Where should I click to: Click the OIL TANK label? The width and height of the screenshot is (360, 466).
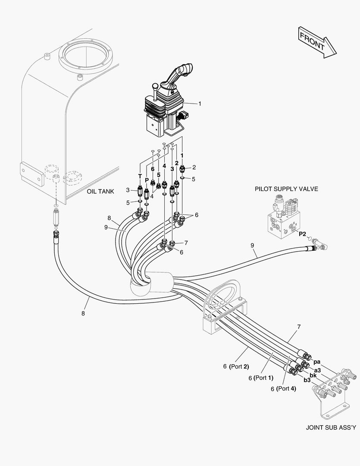100,191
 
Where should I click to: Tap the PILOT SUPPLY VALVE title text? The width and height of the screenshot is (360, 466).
286,189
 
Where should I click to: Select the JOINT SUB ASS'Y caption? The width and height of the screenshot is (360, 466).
331,428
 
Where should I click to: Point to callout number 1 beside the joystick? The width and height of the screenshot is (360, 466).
200,104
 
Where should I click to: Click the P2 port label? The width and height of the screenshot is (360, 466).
302,233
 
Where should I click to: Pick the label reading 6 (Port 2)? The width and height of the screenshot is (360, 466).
236,367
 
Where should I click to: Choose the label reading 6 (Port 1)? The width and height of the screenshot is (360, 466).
261,378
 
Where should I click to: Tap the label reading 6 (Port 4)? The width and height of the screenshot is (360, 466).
283,388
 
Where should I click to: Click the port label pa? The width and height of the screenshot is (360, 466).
316,362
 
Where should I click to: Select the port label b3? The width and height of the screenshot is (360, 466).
307,380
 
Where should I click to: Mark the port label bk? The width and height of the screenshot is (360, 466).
313,375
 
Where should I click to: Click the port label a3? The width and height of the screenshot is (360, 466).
317,370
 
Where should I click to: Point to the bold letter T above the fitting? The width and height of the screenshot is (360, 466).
140,176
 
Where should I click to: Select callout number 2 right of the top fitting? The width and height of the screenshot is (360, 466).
194,167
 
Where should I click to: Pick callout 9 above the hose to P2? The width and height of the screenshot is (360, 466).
252,246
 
